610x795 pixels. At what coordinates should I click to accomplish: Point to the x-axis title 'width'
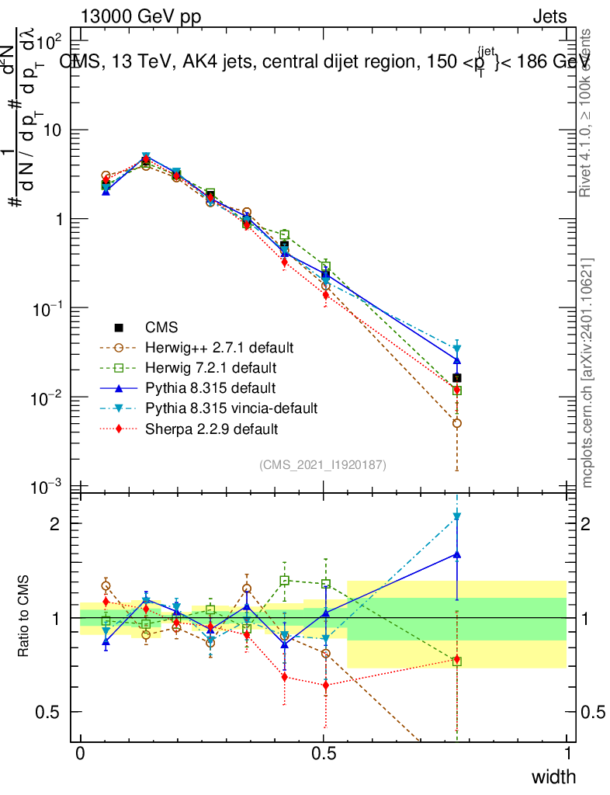coord(553,776)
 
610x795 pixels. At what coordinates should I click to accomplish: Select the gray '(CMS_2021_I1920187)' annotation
coord(323,464)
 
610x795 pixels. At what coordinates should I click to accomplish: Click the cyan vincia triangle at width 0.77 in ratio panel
coord(457,516)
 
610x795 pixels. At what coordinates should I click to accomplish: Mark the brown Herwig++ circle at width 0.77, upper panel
coord(457,423)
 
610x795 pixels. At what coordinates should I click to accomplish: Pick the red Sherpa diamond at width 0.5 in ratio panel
coord(325,686)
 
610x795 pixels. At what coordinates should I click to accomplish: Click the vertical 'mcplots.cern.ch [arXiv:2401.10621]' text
coord(587,373)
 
